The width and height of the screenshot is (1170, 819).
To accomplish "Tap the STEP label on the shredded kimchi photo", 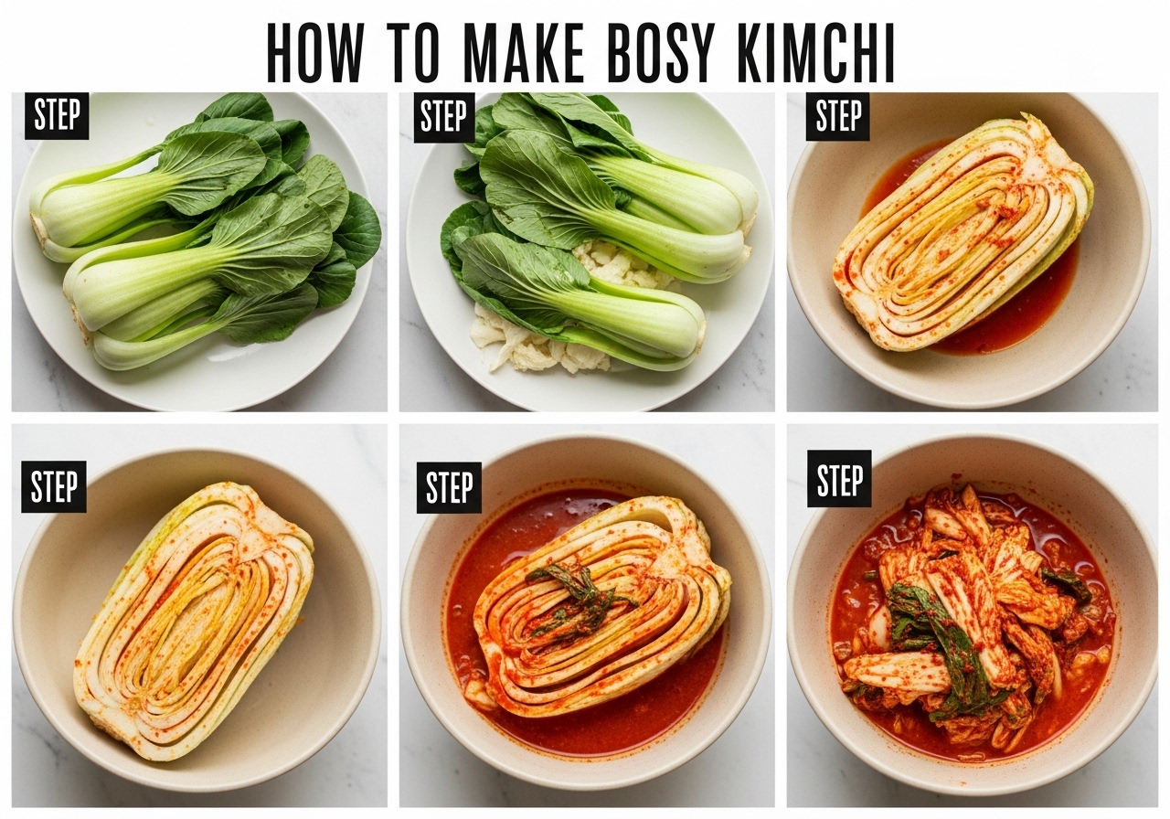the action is tap(839, 478).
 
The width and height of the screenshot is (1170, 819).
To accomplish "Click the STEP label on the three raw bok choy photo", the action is tap(57, 115).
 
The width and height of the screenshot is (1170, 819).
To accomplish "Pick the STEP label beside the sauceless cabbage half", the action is tap(54, 486).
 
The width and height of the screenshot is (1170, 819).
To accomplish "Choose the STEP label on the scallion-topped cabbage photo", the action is tap(449, 487).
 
